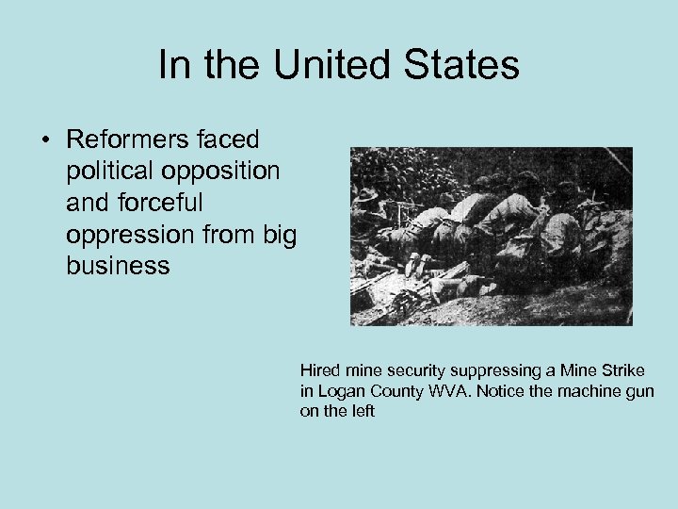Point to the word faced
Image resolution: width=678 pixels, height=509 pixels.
[x=229, y=140]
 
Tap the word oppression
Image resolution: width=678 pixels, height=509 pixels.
[x=124, y=235]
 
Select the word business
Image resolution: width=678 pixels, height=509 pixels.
[x=118, y=266]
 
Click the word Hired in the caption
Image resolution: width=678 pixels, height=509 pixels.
[x=319, y=370]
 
